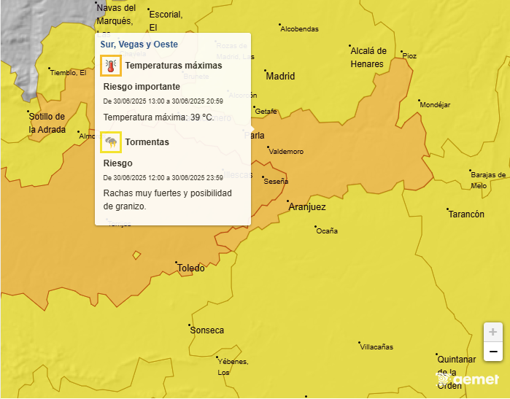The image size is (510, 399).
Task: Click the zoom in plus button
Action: click(x=493, y=332)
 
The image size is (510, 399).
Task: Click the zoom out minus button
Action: click(x=493, y=352)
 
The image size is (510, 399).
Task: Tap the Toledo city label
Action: click(x=191, y=268)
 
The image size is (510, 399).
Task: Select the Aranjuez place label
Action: click(x=307, y=207)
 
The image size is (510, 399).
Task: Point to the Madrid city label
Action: click(x=280, y=76)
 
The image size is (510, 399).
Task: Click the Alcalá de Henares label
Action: click(x=368, y=57)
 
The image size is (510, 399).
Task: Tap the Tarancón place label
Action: click(x=465, y=214)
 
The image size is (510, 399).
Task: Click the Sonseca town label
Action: click(x=207, y=330)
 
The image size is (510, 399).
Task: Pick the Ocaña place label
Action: click(x=327, y=231)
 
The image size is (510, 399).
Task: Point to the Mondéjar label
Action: click(x=436, y=105)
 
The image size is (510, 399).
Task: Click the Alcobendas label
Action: click(x=300, y=28)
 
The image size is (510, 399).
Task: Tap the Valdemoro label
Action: click(x=286, y=152)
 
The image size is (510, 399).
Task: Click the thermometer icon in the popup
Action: click(x=111, y=66)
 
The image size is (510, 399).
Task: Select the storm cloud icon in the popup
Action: click(x=111, y=142)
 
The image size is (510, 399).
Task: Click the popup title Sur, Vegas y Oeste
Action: click(x=139, y=44)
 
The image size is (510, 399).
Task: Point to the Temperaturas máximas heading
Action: click(x=173, y=66)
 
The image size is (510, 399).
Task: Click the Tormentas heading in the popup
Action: click(x=147, y=142)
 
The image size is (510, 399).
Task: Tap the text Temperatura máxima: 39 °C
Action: click(x=158, y=117)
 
